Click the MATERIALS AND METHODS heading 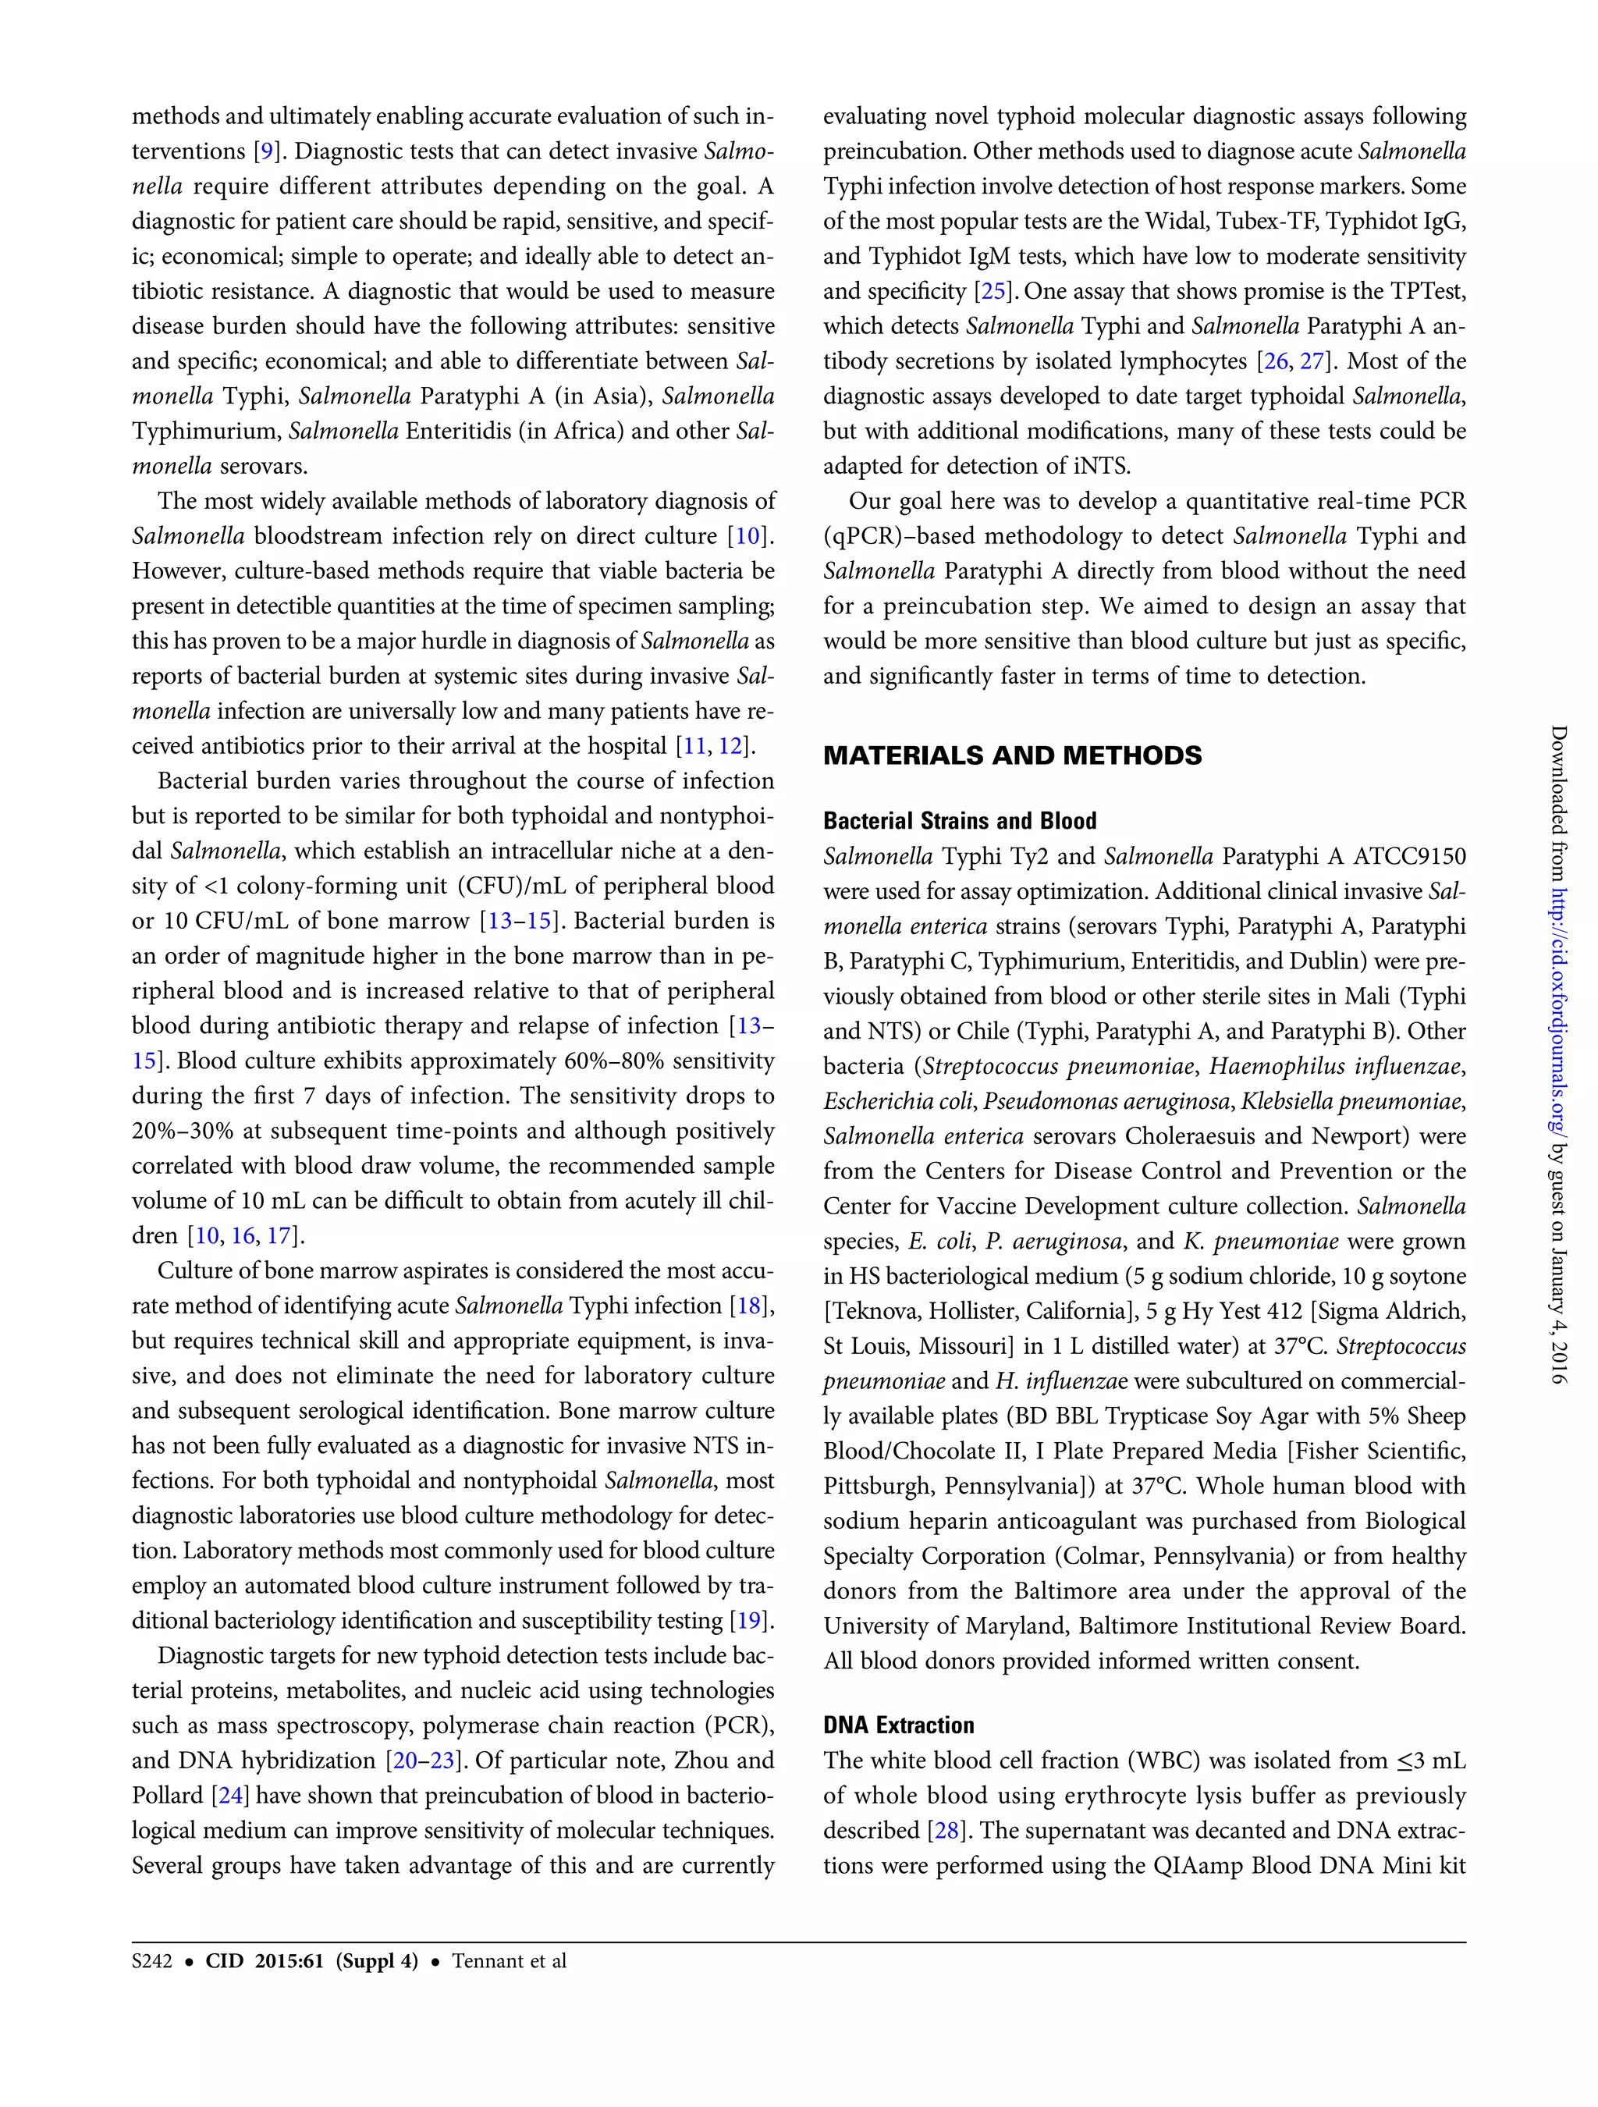tap(1011, 755)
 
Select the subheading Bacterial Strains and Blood tap(959, 821)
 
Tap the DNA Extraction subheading tap(898, 1725)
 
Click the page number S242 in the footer tap(151, 1961)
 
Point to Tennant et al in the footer tap(509, 1961)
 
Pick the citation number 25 tap(993, 292)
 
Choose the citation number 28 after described tap(946, 1831)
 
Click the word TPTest tap(1422, 292)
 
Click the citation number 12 tap(730, 746)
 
